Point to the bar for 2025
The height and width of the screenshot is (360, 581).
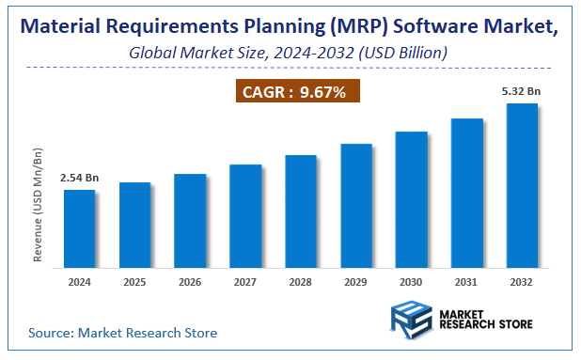[134, 225]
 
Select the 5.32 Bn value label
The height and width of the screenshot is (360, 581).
[521, 91]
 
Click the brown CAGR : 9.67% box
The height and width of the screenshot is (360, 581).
[296, 92]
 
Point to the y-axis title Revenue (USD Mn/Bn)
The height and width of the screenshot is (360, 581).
[39, 204]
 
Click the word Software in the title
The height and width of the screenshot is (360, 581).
[422, 26]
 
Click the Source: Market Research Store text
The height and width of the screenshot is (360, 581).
[122, 333]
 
